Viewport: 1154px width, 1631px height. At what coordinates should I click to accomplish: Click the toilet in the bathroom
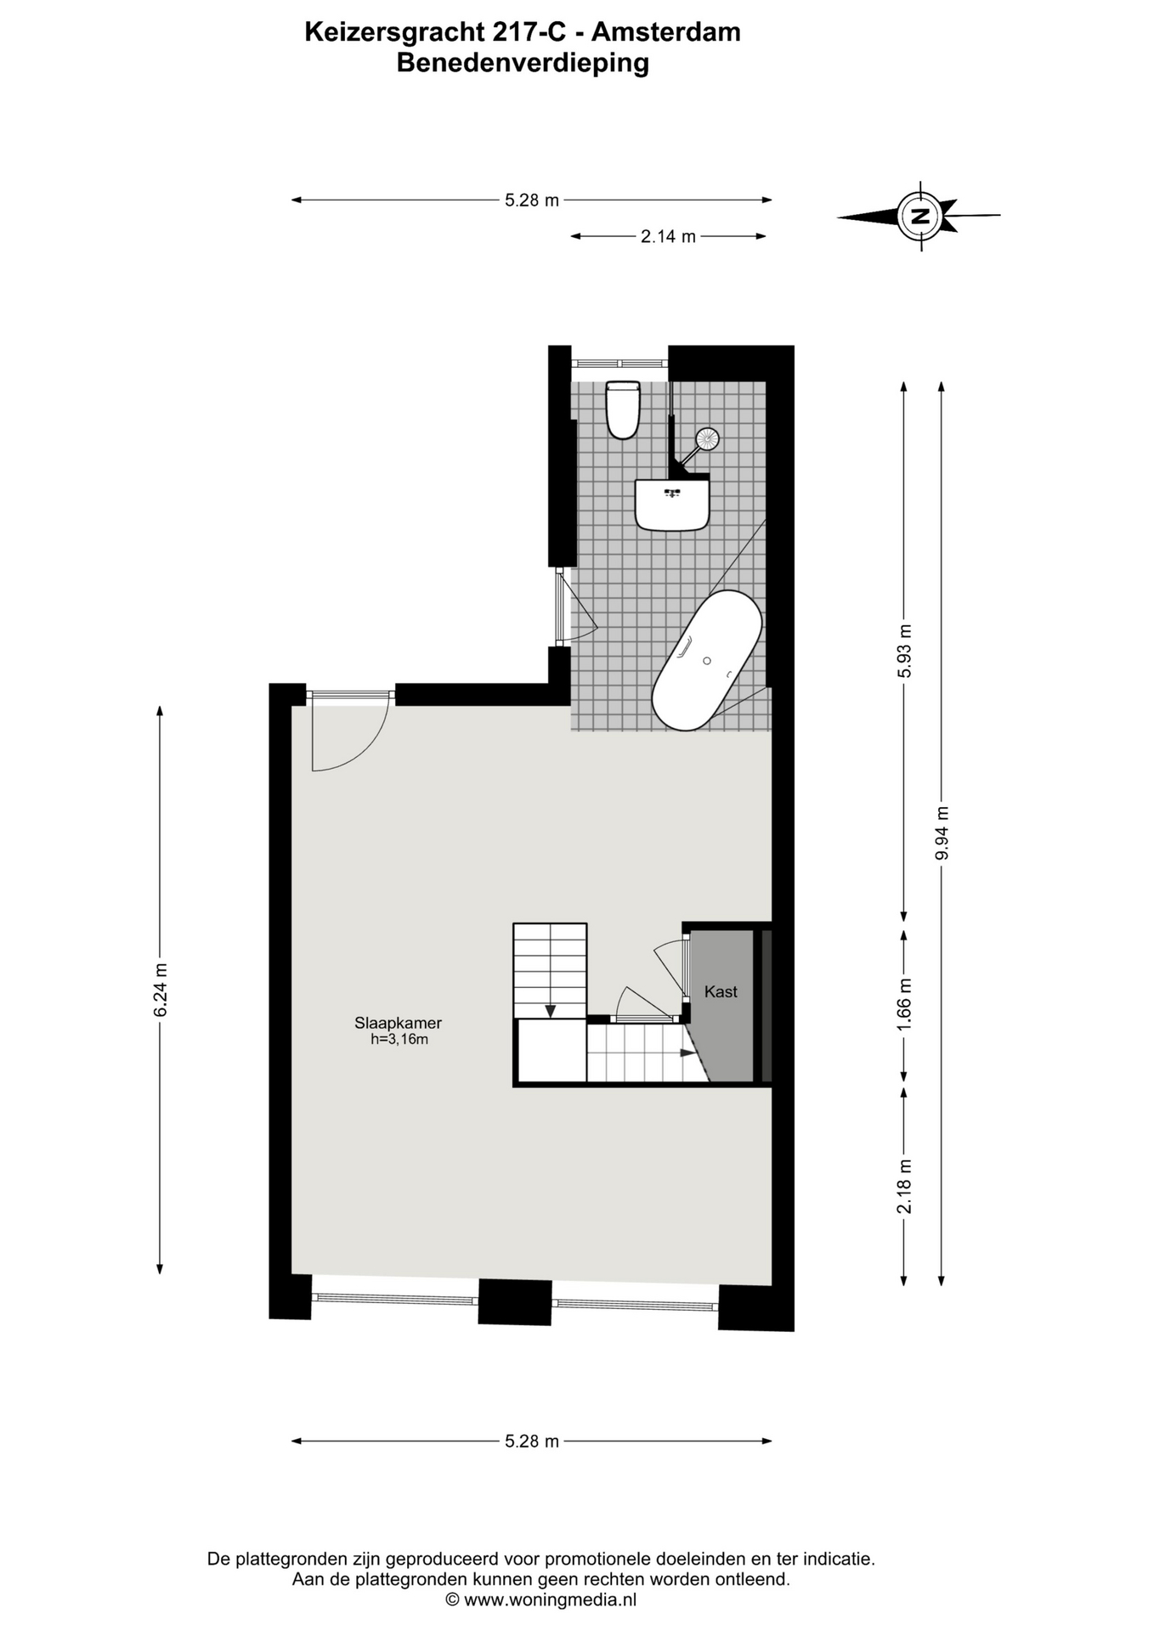[622, 409]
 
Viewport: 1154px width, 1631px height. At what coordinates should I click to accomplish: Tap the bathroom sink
[671, 505]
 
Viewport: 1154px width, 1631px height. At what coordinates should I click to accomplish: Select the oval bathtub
[707, 660]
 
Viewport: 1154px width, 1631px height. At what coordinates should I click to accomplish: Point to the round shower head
[707, 438]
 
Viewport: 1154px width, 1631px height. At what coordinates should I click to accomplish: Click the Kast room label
[721, 991]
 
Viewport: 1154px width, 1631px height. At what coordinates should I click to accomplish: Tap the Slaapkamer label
[398, 1023]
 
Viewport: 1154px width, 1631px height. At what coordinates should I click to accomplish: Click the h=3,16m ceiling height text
[399, 1039]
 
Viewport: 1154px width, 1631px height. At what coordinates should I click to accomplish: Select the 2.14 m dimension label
[668, 236]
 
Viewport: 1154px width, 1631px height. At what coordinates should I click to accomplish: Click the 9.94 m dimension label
[942, 832]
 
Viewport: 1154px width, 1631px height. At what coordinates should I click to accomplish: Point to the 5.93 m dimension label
[904, 651]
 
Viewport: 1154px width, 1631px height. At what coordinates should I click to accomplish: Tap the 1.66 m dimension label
[904, 1004]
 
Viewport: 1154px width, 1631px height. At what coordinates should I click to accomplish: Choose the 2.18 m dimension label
[904, 1186]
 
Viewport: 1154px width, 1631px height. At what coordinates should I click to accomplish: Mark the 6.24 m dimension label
[161, 989]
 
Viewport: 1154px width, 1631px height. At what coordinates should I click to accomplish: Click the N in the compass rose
[919, 216]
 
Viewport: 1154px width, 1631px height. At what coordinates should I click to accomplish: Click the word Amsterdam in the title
[665, 32]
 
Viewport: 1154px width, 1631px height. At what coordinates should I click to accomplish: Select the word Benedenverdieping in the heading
[523, 64]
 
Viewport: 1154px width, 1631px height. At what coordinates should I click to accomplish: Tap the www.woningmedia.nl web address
[550, 1600]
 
